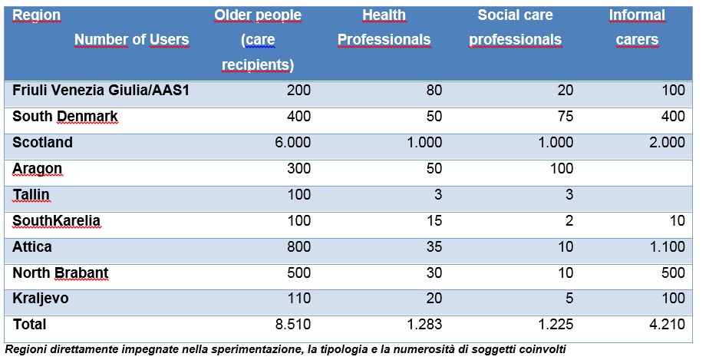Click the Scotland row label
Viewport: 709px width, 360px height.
point(42,143)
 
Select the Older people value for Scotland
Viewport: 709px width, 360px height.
point(292,143)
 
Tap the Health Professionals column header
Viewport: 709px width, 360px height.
point(384,27)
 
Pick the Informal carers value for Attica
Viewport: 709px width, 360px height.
point(667,247)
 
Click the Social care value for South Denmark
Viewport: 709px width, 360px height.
point(564,116)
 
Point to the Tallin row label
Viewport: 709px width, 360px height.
point(31,194)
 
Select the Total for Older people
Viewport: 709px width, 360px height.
point(292,324)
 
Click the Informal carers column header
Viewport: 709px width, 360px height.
point(637,27)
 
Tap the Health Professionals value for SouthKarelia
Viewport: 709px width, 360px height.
point(434,221)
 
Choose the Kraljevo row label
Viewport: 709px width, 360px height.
point(41,299)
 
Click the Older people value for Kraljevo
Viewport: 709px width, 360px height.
point(299,299)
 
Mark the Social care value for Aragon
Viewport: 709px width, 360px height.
point(562,168)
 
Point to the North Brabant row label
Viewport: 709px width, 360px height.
point(61,272)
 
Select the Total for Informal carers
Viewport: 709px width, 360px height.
point(667,324)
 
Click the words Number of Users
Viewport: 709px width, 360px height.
point(131,40)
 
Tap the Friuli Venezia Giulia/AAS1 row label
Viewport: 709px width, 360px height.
point(101,91)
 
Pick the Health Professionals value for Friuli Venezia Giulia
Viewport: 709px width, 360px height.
point(434,91)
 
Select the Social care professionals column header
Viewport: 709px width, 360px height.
point(515,27)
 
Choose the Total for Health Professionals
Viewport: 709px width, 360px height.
point(424,324)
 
